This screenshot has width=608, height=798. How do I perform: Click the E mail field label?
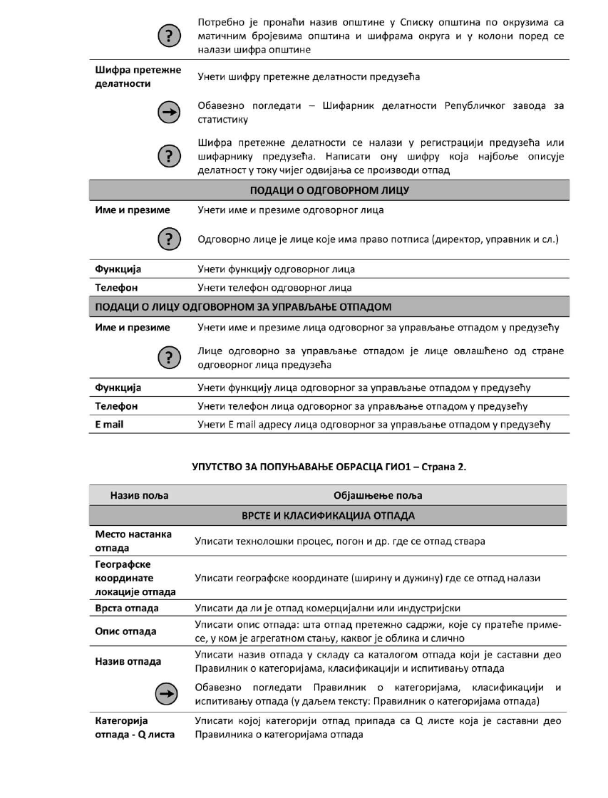pos(109,425)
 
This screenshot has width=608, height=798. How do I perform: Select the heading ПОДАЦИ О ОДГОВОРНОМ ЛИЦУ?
pos(329,190)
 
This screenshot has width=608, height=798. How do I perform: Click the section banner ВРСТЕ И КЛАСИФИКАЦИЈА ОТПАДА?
pos(329,514)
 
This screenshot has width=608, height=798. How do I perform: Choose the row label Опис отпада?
pos(126,631)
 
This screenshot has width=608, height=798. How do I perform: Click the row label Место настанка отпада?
pos(133,541)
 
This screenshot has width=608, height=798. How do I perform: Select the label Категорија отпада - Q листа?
pos(135,728)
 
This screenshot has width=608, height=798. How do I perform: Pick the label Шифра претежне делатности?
pos(138,76)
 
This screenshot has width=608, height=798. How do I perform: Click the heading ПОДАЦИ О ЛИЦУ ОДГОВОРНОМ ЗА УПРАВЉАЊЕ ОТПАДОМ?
pos(243,307)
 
